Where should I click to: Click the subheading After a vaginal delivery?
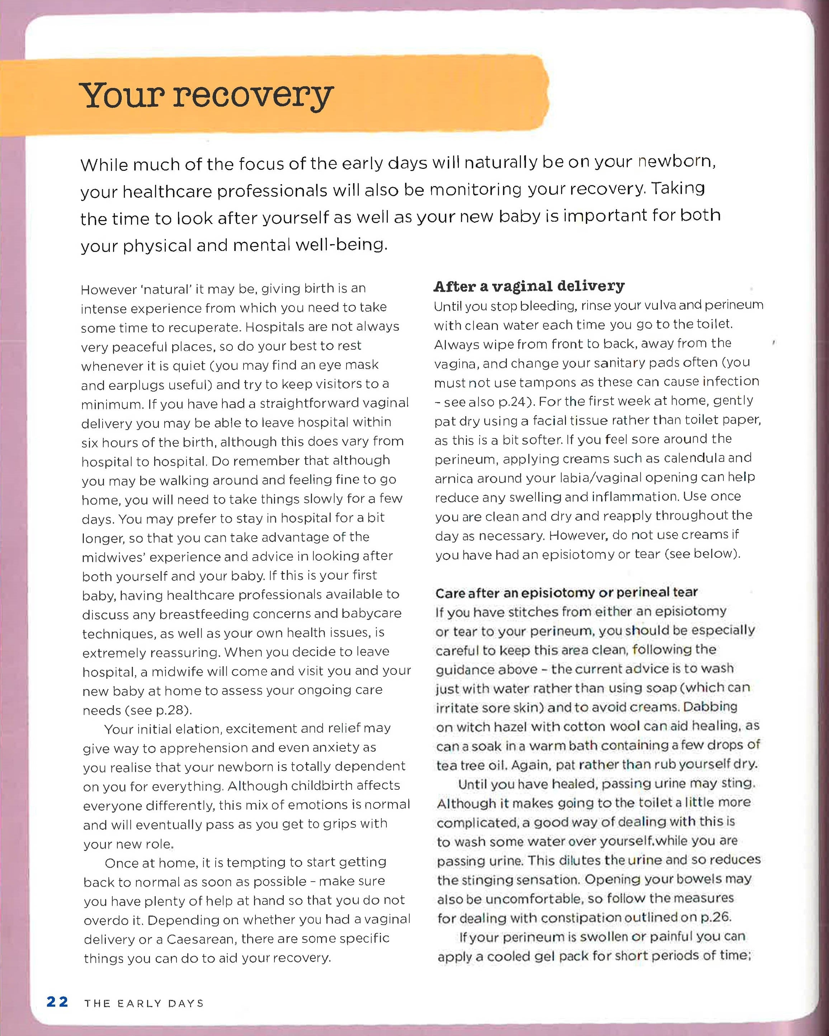[529, 286]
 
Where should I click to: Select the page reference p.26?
[716, 917]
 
